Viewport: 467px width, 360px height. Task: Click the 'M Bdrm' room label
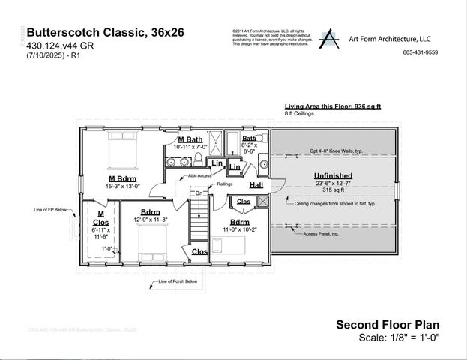click(121, 178)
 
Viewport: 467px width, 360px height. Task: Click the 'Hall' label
click(256, 185)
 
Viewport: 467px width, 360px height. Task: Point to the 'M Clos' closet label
click(99, 218)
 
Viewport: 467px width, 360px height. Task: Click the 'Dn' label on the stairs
click(198, 193)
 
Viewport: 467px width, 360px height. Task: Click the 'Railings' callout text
click(225, 183)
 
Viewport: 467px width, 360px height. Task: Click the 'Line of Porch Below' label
click(177, 283)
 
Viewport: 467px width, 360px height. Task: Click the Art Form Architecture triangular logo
click(328, 38)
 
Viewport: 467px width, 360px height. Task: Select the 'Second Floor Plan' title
click(385, 324)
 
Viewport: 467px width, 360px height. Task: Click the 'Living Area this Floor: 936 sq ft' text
click(332, 106)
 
